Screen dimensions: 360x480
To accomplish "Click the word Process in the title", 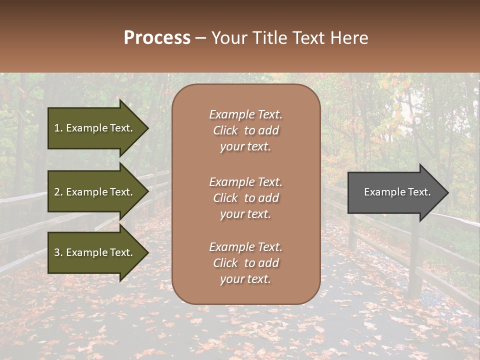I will pyautogui.click(x=157, y=38).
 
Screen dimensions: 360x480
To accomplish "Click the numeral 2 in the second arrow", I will pyautogui.click(x=57, y=192).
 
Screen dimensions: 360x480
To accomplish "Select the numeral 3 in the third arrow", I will pyautogui.click(x=57, y=252).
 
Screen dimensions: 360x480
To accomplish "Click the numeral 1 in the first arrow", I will pyautogui.click(x=56, y=128).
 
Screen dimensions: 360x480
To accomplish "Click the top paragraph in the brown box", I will pyautogui.click(x=246, y=130).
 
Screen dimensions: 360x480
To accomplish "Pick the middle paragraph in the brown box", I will pyautogui.click(x=246, y=198).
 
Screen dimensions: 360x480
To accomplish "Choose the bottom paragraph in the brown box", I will pyautogui.click(x=246, y=263).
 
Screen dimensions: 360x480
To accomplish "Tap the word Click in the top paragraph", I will pyautogui.click(x=225, y=130).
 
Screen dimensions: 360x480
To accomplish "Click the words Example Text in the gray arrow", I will pyautogui.click(x=397, y=192).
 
